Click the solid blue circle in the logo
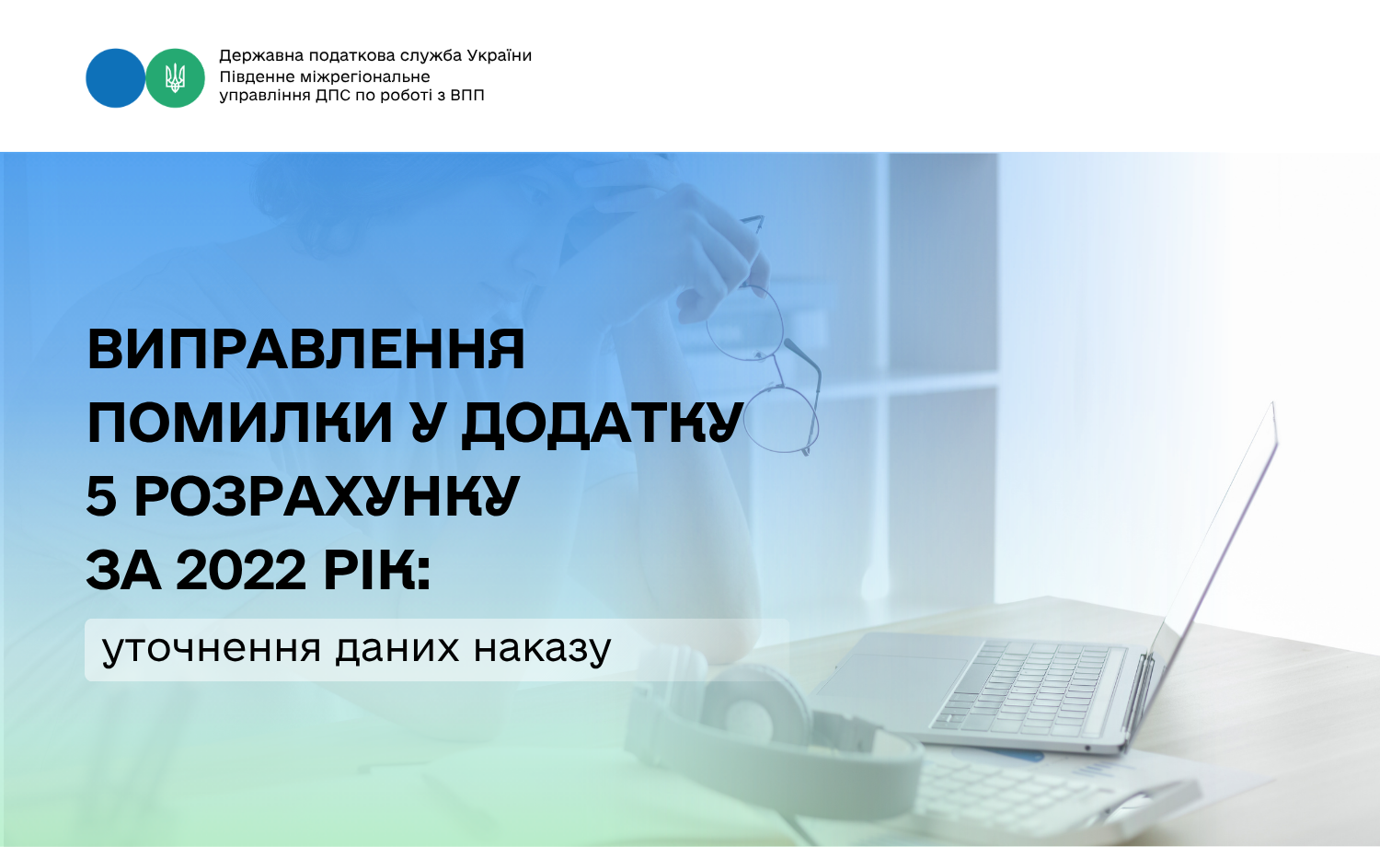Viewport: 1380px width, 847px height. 115,78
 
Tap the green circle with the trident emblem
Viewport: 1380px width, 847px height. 175,78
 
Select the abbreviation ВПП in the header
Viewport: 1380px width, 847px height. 467,96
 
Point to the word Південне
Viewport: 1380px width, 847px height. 258,76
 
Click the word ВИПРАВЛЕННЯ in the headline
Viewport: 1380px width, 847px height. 306,349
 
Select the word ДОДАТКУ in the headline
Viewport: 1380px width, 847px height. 603,424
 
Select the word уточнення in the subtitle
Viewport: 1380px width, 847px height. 212,648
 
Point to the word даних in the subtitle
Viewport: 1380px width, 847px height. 397,649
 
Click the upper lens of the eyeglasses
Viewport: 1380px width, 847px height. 745,322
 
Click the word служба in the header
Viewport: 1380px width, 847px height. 431,55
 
